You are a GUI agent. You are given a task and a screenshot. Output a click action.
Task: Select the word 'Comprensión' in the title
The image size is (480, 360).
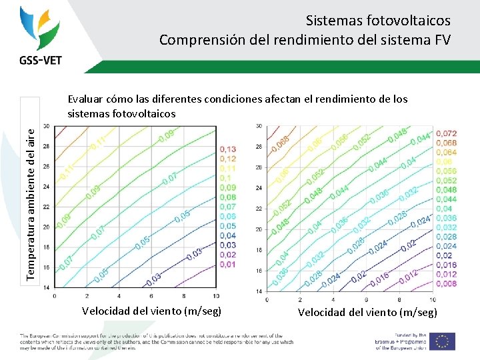pos(195,40)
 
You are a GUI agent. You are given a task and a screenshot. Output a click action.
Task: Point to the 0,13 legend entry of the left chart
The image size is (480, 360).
pos(227,149)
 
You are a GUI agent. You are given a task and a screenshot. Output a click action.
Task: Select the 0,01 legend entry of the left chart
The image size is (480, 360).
pos(227,265)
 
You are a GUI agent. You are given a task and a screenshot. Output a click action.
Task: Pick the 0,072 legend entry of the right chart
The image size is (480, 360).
pos(446,134)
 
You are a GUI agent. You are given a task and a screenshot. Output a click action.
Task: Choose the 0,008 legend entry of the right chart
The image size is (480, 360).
pos(446,283)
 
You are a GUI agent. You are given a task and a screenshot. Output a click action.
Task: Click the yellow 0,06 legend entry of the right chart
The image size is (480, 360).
pos(443,162)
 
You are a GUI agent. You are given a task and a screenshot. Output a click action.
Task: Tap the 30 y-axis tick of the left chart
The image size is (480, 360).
pos(46,125)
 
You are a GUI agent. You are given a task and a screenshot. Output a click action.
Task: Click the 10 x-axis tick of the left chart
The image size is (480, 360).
pos(216,295)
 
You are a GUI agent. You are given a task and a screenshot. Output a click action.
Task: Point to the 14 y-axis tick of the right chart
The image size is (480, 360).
pos(259,291)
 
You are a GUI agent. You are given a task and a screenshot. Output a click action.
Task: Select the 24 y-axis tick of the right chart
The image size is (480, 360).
pos(259,188)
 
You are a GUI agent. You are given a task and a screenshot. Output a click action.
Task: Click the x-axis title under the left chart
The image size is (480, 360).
pos(151,311)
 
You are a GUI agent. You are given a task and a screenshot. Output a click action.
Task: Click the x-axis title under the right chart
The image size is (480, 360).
pos(367,312)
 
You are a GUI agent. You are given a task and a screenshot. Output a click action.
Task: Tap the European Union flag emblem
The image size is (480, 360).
pos(442,341)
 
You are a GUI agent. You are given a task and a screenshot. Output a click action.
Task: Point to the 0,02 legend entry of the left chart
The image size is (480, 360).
pos(227,255)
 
